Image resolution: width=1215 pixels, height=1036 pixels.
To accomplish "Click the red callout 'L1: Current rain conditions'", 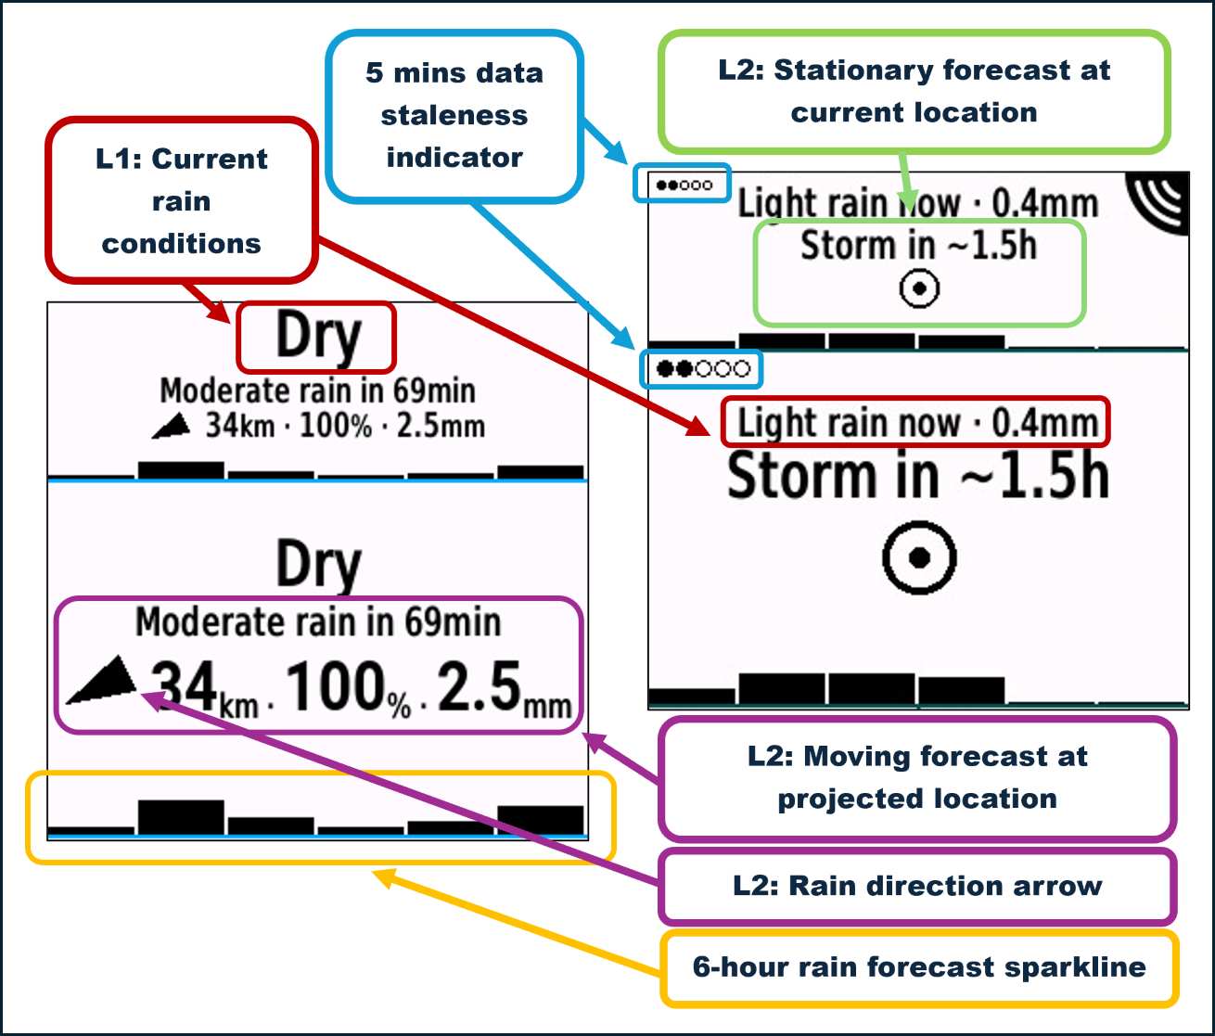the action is [x=182, y=200].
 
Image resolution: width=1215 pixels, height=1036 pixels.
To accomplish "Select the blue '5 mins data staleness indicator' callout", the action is [x=454, y=116].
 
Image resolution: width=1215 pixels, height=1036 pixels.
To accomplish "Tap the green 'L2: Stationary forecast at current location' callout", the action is [x=914, y=92].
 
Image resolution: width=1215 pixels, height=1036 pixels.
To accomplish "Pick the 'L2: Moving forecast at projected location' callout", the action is [x=917, y=778].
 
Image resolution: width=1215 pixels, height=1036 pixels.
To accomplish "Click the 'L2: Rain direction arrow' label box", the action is [x=917, y=886].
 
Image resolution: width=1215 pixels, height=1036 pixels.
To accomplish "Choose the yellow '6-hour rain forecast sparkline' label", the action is [x=919, y=967].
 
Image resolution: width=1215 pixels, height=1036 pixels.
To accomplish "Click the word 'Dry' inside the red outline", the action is [x=318, y=337].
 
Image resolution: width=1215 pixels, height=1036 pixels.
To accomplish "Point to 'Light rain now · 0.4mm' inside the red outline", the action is [x=917, y=422].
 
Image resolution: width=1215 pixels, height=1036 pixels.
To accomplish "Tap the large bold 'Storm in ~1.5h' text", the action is [x=917, y=475].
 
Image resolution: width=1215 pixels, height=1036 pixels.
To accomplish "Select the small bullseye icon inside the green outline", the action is [x=919, y=288].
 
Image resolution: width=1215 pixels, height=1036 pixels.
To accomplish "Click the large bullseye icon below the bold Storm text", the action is [x=919, y=556].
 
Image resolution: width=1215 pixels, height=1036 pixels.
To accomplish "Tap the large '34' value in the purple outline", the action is [x=184, y=685].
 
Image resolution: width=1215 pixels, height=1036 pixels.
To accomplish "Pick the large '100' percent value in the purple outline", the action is [x=337, y=685].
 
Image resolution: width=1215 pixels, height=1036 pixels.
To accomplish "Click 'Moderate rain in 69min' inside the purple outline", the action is [x=318, y=622].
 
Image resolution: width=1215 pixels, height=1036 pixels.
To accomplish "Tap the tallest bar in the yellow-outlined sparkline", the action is [x=181, y=817].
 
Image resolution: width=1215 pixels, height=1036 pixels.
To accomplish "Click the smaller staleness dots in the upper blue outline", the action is [x=684, y=185].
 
